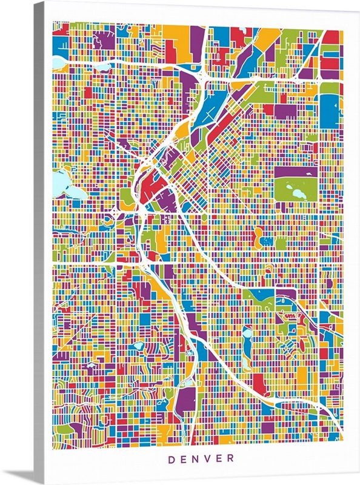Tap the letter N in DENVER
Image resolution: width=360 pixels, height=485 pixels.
click(x=196, y=459)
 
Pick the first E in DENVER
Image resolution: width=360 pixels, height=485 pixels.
click(x=183, y=459)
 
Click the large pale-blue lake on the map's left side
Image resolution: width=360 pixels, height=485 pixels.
click(x=62, y=184)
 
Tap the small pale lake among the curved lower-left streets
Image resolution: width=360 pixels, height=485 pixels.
click(x=138, y=346)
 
